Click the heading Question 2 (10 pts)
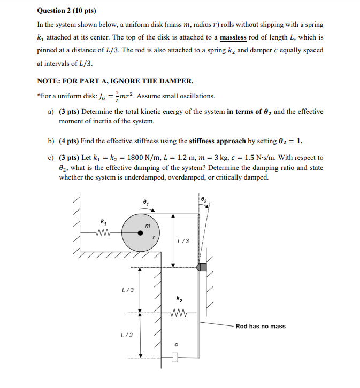(63, 11)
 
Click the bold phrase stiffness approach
(217, 141)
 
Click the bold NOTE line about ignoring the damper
(114, 81)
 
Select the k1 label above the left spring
(103, 220)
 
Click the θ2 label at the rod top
(203, 199)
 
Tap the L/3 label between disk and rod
(183, 240)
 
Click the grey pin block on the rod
(202, 267)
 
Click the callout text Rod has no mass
(261, 326)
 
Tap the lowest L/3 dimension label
(128, 335)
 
